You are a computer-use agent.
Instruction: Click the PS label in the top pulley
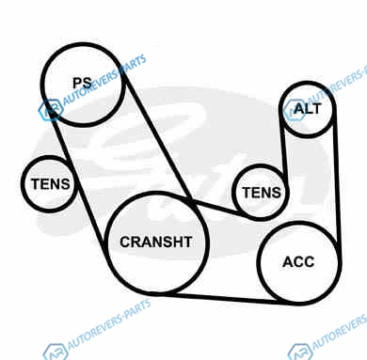pos(82,83)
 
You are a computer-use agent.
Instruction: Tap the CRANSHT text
pos(156,242)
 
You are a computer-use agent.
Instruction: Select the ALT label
pos(308,109)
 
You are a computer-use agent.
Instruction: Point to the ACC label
pos(298,262)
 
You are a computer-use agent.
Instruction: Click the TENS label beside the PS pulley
pos(50,184)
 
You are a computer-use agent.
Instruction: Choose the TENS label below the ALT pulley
pos(262,193)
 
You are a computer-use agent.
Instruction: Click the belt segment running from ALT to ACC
pos(337,179)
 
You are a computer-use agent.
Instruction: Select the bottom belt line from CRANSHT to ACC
pos(216,298)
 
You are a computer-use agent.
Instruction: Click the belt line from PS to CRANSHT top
pos(157,138)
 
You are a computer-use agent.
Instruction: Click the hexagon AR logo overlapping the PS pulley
pos(50,110)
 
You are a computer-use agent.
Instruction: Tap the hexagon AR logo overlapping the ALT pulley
pos(295,110)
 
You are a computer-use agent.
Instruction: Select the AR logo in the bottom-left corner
pos(56,352)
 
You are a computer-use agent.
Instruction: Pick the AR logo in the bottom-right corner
pos(300,352)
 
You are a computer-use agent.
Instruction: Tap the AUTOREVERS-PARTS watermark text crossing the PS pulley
pos(104,80)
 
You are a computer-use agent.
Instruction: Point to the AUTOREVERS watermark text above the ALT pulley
pos(337,85)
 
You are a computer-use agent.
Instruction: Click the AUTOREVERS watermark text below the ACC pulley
pos(340,331)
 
